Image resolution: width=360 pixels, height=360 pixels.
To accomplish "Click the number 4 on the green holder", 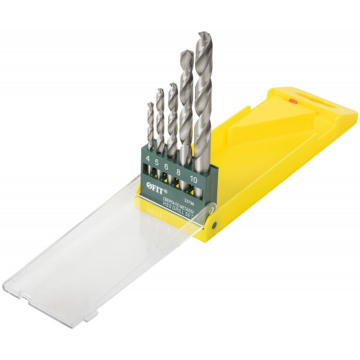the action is [x=148, y=158].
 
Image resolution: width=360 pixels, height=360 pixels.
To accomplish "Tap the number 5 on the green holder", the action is [x=157, y=162].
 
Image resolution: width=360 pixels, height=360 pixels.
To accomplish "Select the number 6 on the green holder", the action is [x=166, y=166].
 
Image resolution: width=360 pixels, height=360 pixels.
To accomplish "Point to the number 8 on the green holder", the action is [x=178, y=172].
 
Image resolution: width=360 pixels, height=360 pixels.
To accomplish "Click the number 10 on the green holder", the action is [x=193, y=180].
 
